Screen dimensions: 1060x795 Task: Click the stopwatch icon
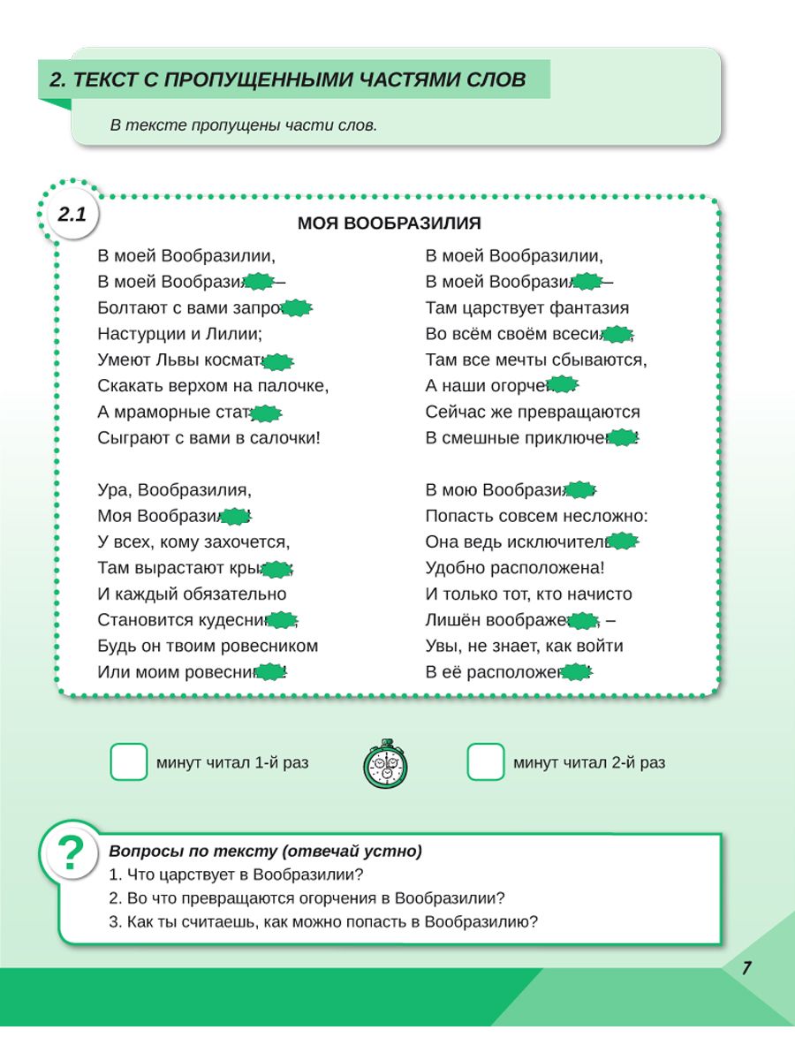(385, 764)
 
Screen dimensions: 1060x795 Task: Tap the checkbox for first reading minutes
(129, 762)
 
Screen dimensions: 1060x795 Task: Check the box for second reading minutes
(486, 762)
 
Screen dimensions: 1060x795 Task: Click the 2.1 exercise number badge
(72, 215)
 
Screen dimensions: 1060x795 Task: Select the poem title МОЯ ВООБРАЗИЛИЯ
(389, 223)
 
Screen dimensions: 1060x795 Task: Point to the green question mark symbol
(71, 853)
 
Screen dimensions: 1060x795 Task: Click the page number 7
(746, 968)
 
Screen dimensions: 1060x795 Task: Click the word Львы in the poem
(181, 360)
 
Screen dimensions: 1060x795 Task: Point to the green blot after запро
(297, 308)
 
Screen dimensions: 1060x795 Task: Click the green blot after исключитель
(624, 541)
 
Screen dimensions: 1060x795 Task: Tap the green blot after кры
(277, 568)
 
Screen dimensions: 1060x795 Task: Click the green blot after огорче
(562, 385)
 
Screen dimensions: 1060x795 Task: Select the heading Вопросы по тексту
(265, 852)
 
